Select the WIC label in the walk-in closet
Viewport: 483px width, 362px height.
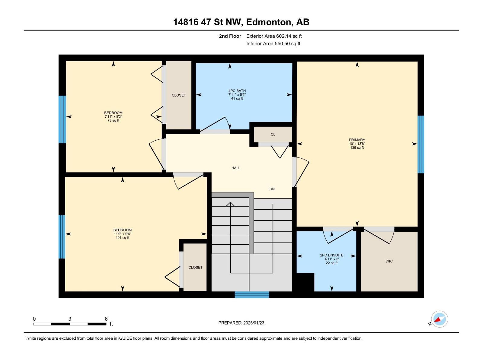(389, 261)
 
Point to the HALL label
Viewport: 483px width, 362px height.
(236, 168)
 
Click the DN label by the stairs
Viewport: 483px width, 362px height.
(272, 189)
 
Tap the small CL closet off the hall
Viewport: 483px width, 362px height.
(273, 134)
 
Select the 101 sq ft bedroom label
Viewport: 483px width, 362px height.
(122, 233)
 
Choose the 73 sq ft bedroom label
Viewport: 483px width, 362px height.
(113, 116)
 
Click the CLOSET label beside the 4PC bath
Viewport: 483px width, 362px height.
(179, 95)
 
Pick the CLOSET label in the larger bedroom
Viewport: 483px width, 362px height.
(195, 267)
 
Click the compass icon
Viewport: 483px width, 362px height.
(439, 319)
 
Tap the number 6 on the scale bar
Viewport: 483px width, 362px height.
(106, 319)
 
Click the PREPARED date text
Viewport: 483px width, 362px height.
(241, 323)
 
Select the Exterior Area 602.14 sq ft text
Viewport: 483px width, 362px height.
(274, 36)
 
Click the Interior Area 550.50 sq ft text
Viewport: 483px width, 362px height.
(273, 43)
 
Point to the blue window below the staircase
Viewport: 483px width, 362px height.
(252, 295)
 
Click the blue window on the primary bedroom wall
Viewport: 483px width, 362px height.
(421, 144)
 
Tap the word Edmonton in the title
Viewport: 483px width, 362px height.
(269, 22)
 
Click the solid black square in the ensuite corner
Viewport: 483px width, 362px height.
(305, 282)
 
